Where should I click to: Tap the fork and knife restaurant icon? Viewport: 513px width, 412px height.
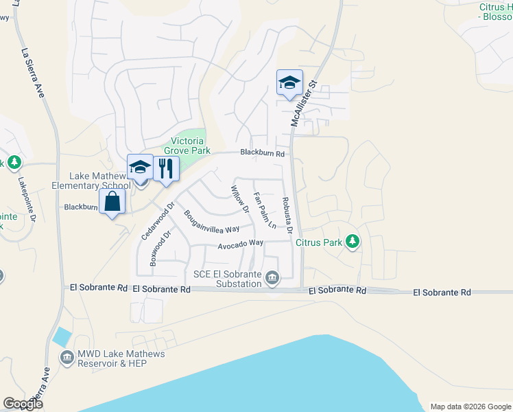pos(165,168)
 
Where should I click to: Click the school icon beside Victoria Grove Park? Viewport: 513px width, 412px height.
pos(140,167)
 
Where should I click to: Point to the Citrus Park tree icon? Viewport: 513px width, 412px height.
pos(353,241)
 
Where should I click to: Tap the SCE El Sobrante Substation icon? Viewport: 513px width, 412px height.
pos(272,277)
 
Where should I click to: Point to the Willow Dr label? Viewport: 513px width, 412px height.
pos(238,199)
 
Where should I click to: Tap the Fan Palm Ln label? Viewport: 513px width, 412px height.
pos(264,211)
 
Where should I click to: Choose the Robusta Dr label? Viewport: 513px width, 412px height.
pos(287,214)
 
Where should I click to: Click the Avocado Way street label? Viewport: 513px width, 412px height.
pos(241,244)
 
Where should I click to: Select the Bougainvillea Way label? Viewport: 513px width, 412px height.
pos(211,221)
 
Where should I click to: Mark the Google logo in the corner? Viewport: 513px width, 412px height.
pos(23,404)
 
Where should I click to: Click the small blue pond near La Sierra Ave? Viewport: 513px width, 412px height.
pos(61,337)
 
